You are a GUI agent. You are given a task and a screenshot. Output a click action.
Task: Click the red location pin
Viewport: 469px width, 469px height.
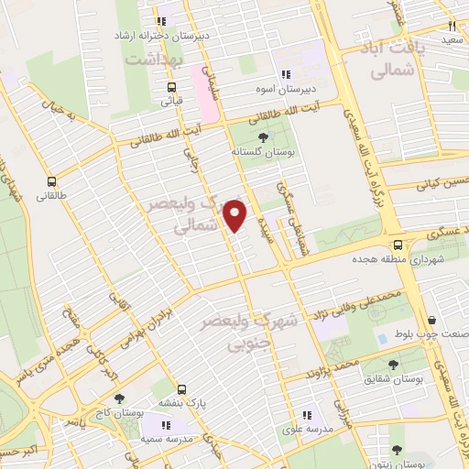pyautogui.click(x=235, y=214)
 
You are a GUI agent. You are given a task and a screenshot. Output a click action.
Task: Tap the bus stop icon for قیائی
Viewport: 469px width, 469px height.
pyautogui.click(x=171, y=88)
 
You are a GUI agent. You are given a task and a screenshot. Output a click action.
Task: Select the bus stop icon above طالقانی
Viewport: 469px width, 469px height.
pyautogui.click(x=51, y=181)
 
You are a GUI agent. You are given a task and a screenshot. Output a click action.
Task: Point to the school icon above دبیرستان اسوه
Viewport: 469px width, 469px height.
pyautogui.click(x=286, y=74)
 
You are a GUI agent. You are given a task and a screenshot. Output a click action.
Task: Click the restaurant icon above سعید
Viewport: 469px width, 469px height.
pyautogui.click(x=452, y=26)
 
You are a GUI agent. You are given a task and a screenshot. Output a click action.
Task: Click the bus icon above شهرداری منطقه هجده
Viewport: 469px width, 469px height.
pyautogui.click(x=398, y=245)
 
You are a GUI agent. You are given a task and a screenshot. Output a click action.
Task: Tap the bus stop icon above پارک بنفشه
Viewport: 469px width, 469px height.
pyautogui.click(x=181, y=388)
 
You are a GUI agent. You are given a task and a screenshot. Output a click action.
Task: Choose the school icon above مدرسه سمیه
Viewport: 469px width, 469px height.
pyautogui.click(x=167, y=425)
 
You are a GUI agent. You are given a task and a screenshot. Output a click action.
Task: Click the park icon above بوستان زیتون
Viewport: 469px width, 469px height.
pyautogui.click(x=397, y=450)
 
